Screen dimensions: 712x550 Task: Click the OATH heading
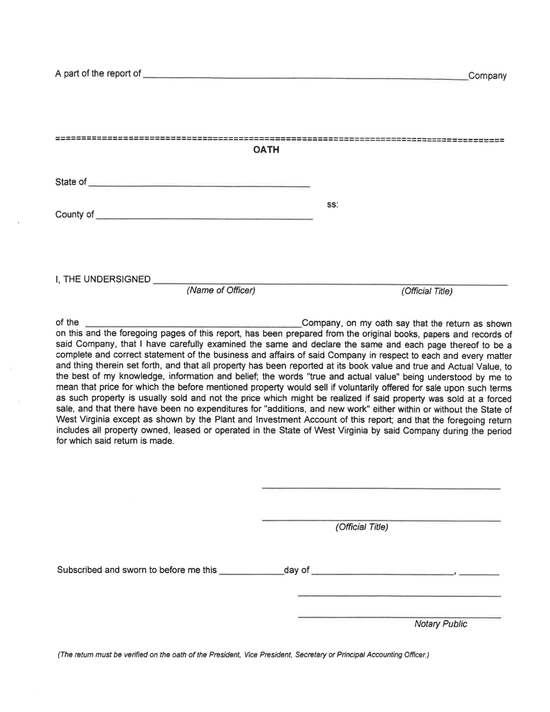266,151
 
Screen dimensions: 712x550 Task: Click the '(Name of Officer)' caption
221,291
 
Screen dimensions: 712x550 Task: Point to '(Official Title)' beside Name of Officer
427,291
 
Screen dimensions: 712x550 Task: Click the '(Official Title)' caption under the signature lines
362,527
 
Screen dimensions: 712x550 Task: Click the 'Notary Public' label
441,624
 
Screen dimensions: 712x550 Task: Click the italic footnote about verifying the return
243,655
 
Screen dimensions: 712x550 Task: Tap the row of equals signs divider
280,140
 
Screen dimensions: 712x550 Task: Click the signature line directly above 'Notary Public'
399,616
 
